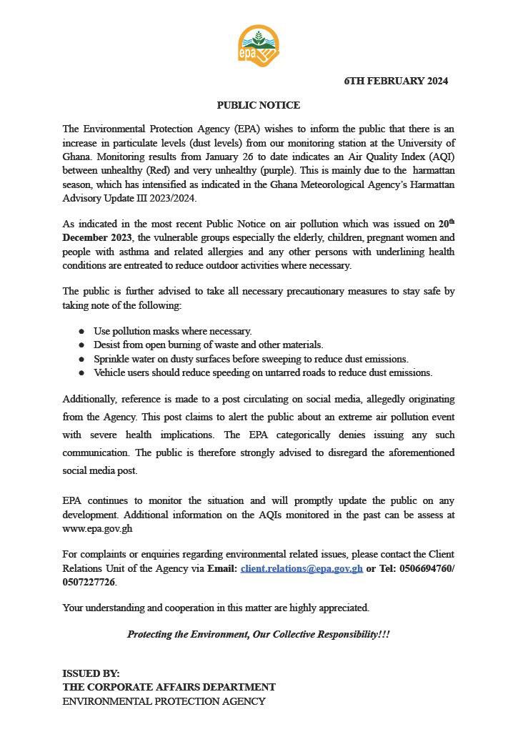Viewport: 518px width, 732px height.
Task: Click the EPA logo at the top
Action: pos(258,45)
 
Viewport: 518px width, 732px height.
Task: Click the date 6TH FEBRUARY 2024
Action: pos(396,81)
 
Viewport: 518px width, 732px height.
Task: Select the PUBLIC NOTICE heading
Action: pos(259,105)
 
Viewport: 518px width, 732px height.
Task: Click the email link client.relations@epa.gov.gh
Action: pos(302,569)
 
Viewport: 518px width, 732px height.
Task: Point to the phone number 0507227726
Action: pos(89,582)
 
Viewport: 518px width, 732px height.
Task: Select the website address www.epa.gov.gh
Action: pos(97,529)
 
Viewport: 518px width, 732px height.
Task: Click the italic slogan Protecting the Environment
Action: pos(259,634)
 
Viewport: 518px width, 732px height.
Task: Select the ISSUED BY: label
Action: pos(91,673)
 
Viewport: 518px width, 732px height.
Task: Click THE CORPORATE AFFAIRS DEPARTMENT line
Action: pos(169,687)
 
